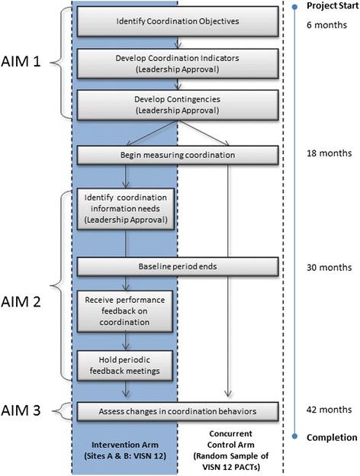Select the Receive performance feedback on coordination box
[126, 309]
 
